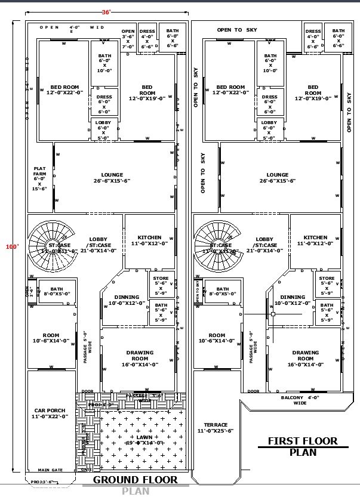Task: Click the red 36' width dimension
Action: pos(106,12)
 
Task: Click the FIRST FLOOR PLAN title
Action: pos(302,446)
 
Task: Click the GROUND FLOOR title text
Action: pos(135,480)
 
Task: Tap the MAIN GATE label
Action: pos(50,470)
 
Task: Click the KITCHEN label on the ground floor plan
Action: pos(149,240)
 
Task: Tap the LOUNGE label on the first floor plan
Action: pos(278,178)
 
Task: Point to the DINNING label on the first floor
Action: pos(293,300)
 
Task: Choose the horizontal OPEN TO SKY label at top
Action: pos(238,30)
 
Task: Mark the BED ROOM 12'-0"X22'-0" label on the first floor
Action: pos(230,90)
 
